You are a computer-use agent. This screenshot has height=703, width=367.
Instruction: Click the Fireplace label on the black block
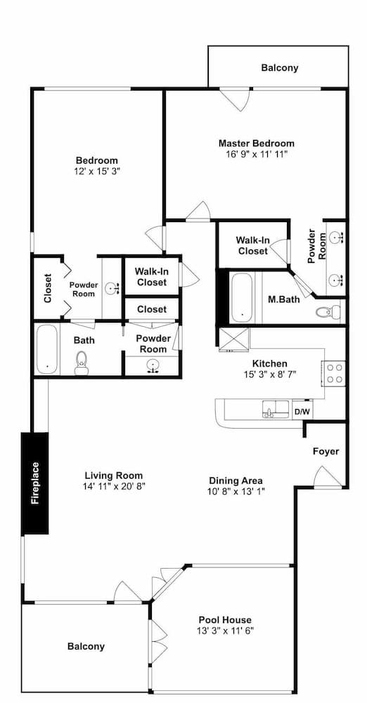pos(35,483)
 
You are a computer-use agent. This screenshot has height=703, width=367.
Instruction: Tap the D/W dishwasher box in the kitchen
pos(301,411)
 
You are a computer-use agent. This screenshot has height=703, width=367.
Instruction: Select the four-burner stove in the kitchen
pos(333,373)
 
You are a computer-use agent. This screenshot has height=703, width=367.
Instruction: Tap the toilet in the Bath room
pos(82,363)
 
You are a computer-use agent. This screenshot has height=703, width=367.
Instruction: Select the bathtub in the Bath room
pos(46,349)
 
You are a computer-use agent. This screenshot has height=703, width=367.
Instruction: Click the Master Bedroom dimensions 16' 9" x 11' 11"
pos(256,155)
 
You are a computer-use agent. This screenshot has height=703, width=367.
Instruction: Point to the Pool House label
pos(225,620)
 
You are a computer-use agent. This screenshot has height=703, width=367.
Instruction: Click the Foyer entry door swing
pos(323,477)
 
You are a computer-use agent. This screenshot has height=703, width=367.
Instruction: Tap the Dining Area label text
pos(236,480)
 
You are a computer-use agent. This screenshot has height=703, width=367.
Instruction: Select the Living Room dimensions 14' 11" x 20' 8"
pos(113,486)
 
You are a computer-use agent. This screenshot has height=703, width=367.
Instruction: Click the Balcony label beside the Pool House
pos(86,646)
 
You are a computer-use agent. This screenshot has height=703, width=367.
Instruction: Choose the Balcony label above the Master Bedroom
pos(280,68)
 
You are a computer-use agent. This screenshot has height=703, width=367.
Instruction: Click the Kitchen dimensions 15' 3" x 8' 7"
pos(269,374)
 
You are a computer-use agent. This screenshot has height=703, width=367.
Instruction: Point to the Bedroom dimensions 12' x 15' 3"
pos(96,171)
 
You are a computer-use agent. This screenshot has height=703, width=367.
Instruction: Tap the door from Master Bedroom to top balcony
pos(236,98)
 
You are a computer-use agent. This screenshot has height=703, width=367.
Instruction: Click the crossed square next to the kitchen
pos(233,340)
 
